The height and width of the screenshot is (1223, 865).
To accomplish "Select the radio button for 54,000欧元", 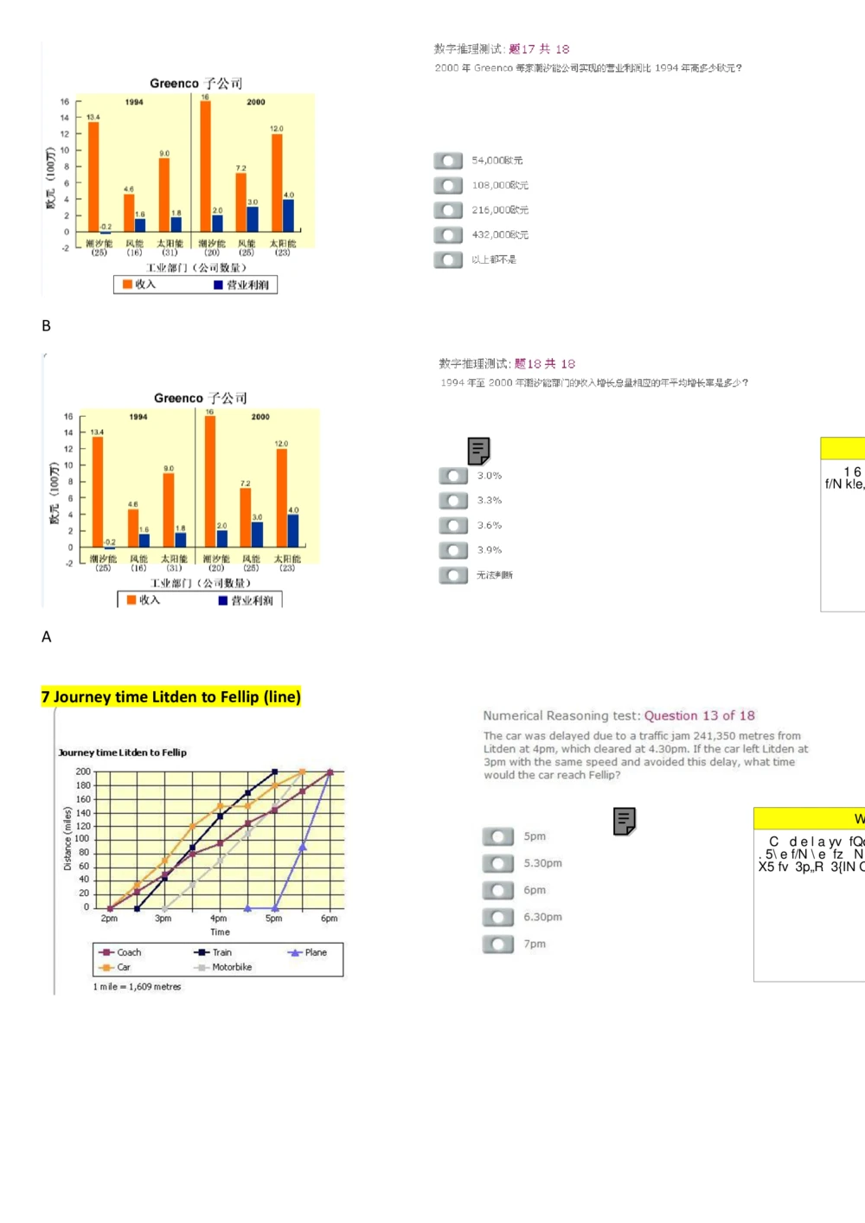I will pos(448,161).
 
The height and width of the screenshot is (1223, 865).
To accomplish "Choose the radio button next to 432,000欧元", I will pos(448,235).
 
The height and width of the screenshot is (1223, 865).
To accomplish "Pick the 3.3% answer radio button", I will pos(453,501).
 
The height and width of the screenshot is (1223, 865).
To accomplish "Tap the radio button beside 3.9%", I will pos(453,550).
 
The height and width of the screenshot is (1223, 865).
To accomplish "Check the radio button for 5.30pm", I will pos(498,863).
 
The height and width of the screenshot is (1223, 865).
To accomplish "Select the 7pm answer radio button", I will pos(498,944).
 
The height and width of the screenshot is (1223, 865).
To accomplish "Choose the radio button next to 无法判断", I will pos(453,575).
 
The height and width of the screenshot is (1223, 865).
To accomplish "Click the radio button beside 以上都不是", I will pos(448,259).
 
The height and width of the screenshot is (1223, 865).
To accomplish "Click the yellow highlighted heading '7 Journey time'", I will pos(170,697).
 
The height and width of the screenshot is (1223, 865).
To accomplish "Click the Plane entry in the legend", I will pos(309,952).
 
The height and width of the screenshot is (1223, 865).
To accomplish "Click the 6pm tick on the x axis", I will pos(330,919).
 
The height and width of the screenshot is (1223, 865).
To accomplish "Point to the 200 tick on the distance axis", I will pos(83,772).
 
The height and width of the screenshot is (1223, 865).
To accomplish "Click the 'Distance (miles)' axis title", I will pos(67,838).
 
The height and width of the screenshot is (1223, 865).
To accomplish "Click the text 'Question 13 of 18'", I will pos(699,715).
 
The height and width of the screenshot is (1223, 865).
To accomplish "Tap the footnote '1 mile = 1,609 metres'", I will pos(137,987).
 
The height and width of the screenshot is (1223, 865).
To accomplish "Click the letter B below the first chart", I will pos(46,326).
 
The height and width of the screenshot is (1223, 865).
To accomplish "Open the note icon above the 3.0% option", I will pos(478,451).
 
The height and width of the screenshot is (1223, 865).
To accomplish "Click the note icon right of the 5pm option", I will pos(624,821).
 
